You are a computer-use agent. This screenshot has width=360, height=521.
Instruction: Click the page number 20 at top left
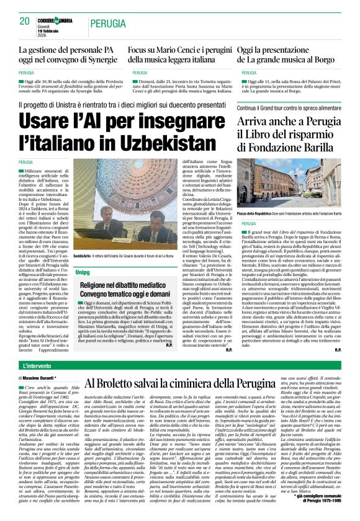[24, 20]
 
